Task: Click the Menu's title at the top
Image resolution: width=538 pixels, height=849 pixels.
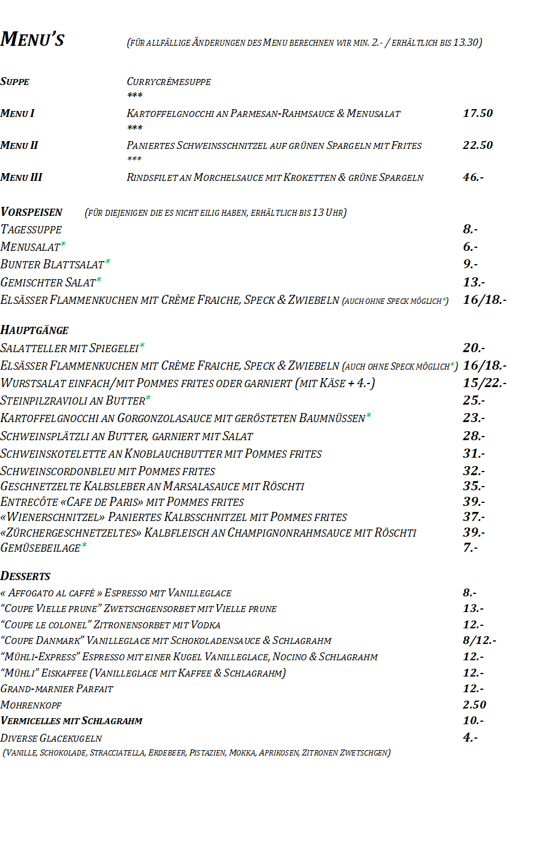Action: click(x=33, y=40)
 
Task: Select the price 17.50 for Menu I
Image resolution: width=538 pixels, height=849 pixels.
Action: click(x=478, y=113)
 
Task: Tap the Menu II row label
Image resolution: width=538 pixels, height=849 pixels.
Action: click(x=19, y=145)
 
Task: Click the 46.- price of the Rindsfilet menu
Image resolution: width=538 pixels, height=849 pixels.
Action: click(x=473, y=177)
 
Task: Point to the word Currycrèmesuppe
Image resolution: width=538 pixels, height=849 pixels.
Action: click(x=169, y=82)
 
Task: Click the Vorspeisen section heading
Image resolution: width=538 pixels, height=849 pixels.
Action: click(x=31, y=212)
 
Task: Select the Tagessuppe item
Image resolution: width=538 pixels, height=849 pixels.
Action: click(x=31, y=230)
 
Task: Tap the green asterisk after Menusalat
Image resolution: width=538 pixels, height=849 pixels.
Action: click(x=63, y=244)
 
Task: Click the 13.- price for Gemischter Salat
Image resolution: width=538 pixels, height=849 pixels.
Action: click(x=474, y=282)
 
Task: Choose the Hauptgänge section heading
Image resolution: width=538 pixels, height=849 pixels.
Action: click(x=34, y=330)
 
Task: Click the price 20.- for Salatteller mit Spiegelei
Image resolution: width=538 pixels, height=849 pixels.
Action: click(x=474, y=348)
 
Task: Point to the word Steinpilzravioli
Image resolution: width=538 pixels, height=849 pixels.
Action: click(x=43, y=401)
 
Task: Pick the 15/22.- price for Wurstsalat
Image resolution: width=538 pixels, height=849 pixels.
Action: click(x=484, y=383)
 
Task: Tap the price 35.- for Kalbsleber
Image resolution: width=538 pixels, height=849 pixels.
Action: click(x=474, y=486)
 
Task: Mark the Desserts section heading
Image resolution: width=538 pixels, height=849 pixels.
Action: click(x=25, y=576)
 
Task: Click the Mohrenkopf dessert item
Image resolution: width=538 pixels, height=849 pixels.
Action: click(x=31, y=705)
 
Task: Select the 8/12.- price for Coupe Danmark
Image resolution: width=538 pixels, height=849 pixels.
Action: click(x=480, y=640)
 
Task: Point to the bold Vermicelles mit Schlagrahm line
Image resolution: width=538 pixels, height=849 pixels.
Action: click(x=72, y=721)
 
